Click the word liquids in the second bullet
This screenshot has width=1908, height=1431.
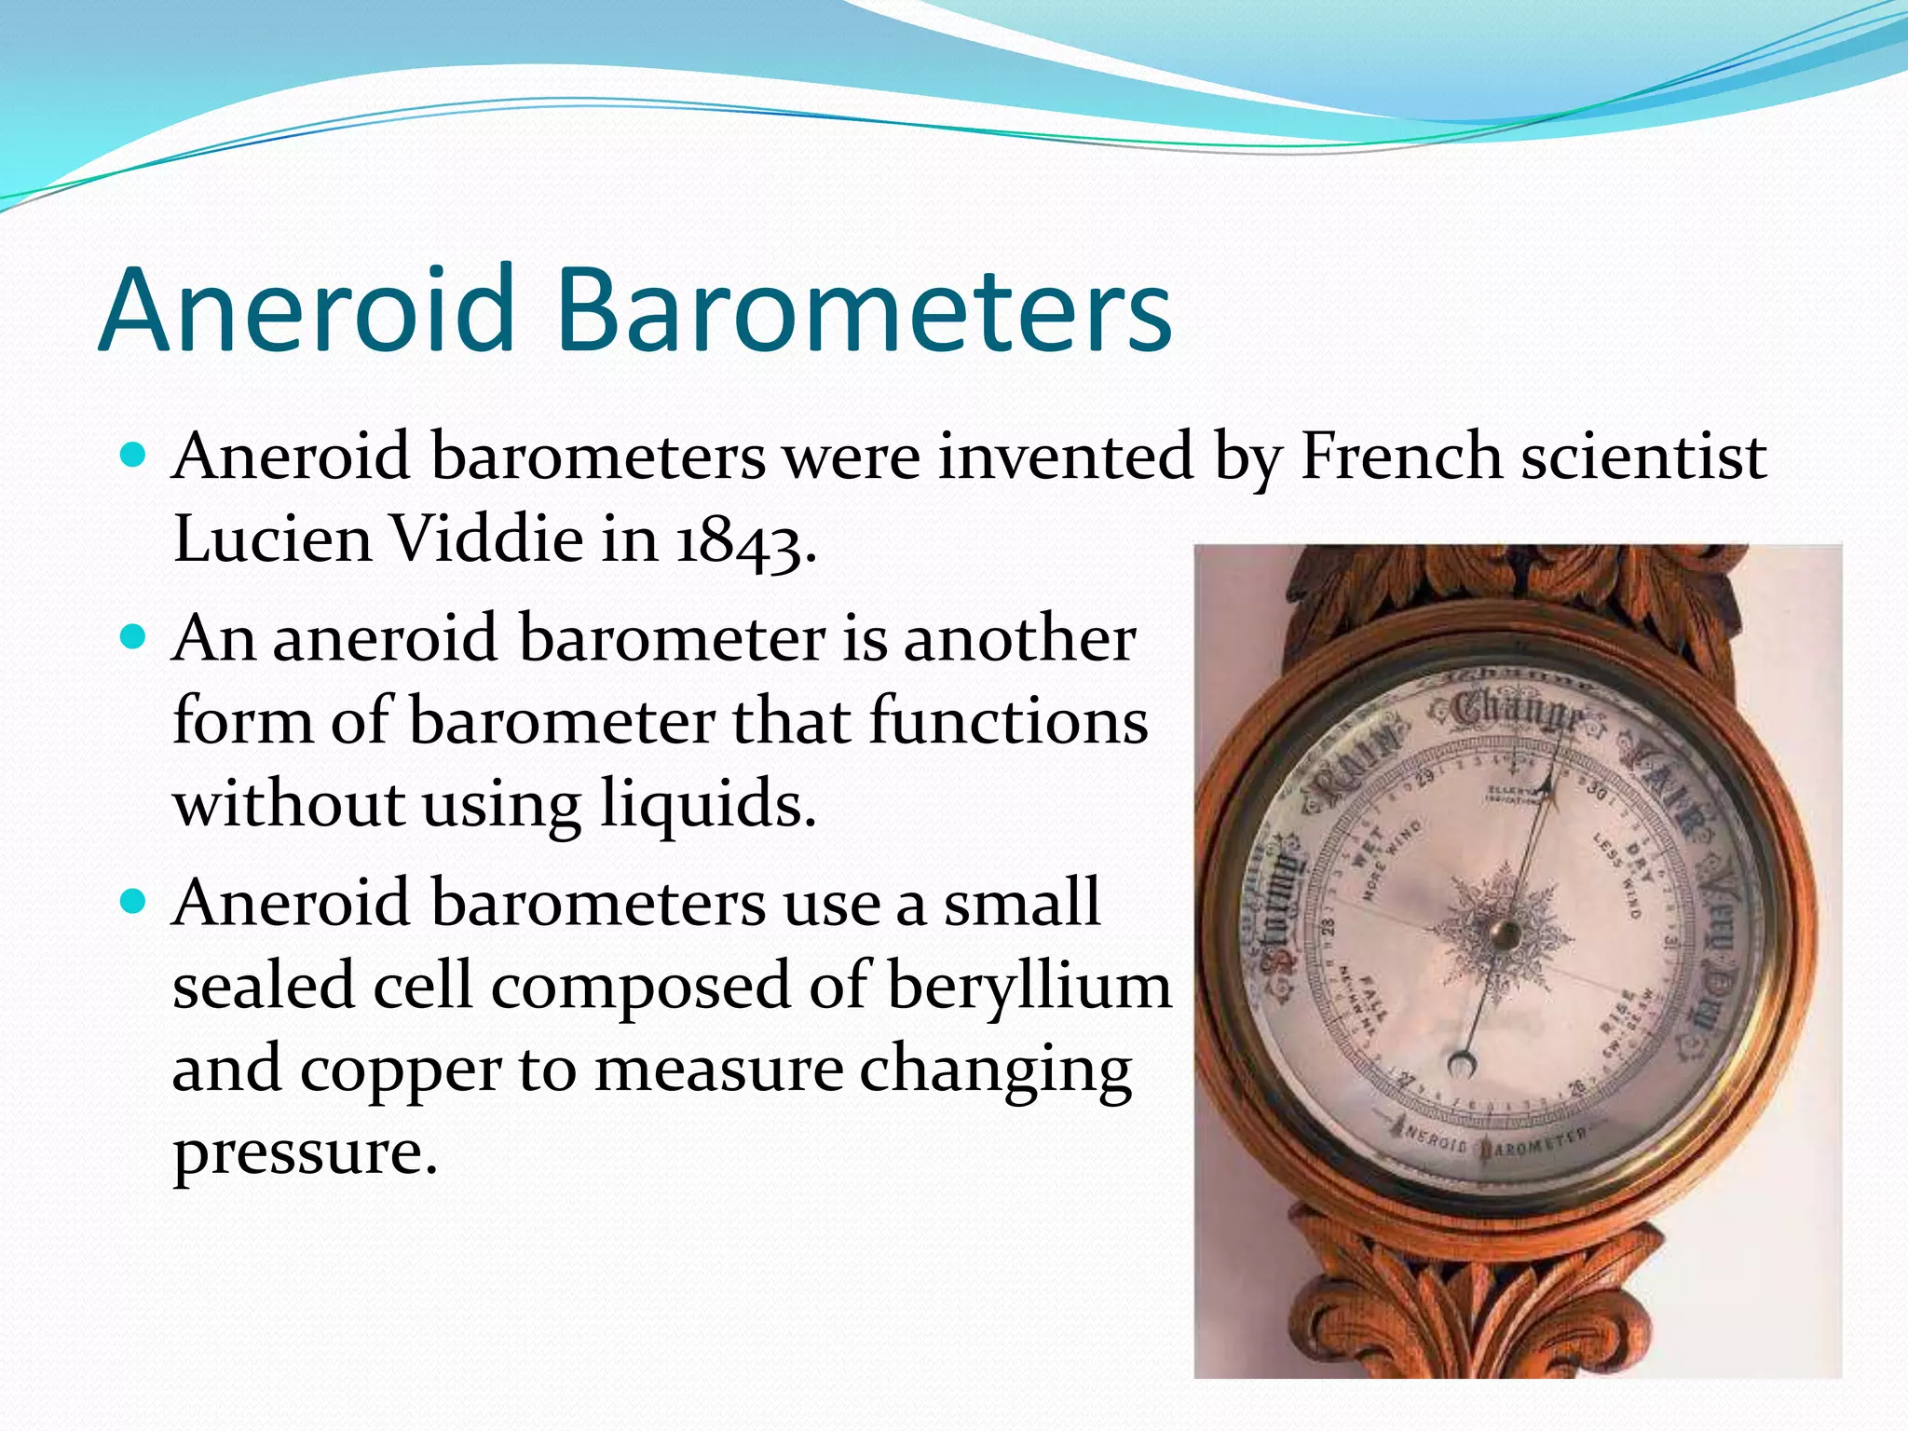[x=708, y=803]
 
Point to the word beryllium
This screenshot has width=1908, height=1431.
[x=1029, y=986]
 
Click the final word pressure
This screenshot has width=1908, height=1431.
[x=304, y=1152]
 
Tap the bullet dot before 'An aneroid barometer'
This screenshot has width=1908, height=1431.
[x=135, y=637]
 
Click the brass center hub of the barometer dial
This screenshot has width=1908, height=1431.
[x=1504, y=934]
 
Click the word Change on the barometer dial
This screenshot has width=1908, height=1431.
[x=1518, y=713]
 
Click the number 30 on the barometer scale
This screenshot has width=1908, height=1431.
[x=1597, y=792]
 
